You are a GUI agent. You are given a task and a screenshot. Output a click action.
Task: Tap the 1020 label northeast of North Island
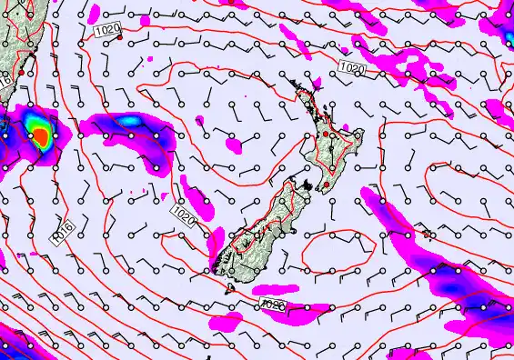tap(351, 68)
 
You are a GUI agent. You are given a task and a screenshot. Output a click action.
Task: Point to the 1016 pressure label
tap(60, 231)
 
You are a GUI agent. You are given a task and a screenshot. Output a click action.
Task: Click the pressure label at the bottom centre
tap(274, 306)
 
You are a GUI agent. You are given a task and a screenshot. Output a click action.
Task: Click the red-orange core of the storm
tap(40, 136)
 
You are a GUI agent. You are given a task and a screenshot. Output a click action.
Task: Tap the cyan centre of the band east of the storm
tap(130, 120)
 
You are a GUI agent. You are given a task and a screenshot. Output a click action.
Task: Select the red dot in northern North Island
tap(325, 135)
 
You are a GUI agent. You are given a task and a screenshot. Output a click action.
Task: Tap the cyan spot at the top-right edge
tap(507, 27)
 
